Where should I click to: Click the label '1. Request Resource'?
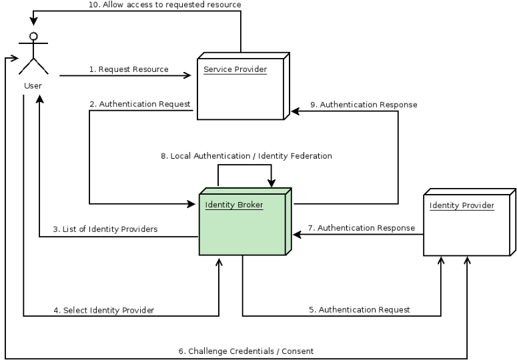pyautogui.click(x=129, y=69)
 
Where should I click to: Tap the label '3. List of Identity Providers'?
pyautogui.click(x=105, y=229)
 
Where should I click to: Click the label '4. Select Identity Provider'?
pyautogui.click(x=103, y=310)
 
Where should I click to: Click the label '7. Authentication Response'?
pyautogui.click(x=366, y=228)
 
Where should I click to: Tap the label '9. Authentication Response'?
pyautogui.click(x=364, y=104)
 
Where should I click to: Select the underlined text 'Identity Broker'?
pyautogui.click(x=234, y=205)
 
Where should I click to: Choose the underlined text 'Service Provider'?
pyautogui.click(x=235, y=69)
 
